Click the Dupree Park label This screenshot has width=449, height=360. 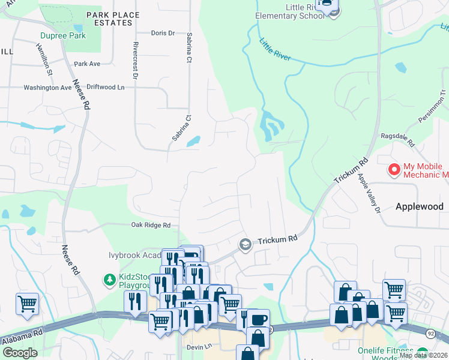(62, 35)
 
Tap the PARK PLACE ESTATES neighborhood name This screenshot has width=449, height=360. (113, 19)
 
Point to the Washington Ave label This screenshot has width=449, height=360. (47, 88)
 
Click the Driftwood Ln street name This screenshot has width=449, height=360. (105, 88)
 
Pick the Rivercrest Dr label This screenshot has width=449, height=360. (136, 60)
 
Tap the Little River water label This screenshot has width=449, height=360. (275, 50)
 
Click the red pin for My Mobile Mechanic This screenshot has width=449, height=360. (394, 170)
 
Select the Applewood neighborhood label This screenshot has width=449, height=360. (420, 206)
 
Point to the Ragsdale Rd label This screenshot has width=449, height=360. (398, 140)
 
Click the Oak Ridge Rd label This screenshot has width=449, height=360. (151, 226)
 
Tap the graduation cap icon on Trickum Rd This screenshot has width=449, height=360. (245, 244)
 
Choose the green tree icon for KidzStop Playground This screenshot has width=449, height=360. (109, 280)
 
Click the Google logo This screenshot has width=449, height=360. (19, 352)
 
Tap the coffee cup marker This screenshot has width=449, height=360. (259, 319)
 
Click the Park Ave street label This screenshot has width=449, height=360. (87, 64)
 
